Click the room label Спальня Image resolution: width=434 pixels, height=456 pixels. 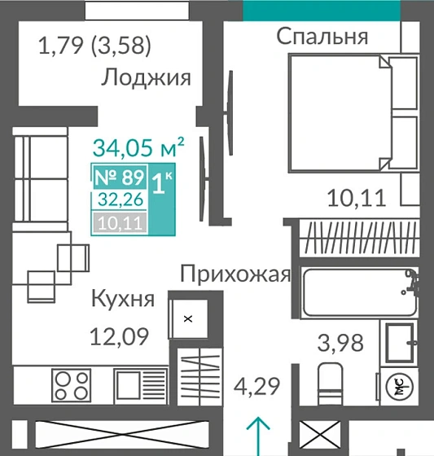tap(322, 37)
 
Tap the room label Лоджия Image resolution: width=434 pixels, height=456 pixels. tap(147, 78)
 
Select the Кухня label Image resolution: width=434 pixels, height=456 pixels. tap(122, 299)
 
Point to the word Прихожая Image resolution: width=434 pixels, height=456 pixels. tap(235, 274)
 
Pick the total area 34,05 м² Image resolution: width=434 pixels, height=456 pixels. tap(138, 148)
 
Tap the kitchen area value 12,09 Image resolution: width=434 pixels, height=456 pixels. tap(119, 335)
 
